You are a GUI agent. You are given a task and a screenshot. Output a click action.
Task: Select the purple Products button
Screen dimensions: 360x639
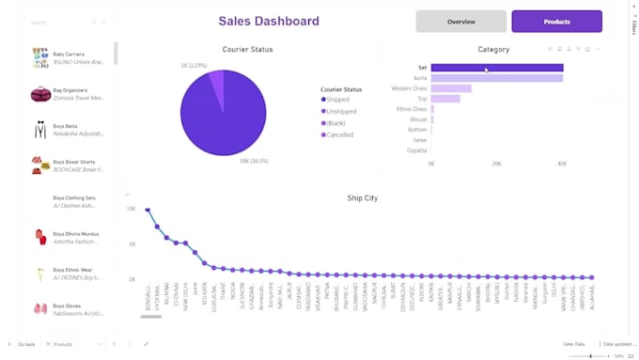pos(556,22)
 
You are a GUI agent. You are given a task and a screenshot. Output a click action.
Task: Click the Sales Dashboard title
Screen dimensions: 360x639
pos(268,21)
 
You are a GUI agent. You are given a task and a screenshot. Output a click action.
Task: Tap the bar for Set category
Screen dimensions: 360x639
pos(496,68)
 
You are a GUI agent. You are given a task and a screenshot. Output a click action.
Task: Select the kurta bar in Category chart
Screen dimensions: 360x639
pos(496,78)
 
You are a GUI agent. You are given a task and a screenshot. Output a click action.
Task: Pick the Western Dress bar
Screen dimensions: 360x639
pos(451,88)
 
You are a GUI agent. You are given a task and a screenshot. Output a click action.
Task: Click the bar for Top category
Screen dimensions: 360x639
pos(445,99)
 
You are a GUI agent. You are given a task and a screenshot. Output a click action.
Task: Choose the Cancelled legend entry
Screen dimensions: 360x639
pos(339,134)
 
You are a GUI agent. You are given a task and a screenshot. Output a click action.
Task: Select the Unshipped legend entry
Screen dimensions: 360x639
pos(341,111)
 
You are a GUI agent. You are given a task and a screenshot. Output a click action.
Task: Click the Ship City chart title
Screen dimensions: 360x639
pos(362,198)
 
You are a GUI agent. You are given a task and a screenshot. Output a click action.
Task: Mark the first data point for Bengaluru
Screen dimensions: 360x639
pos(148,210)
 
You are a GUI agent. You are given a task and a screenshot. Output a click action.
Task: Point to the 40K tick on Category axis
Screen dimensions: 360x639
pos(561,164)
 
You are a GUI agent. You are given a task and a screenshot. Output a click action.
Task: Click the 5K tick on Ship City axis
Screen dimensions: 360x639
pos(132,243)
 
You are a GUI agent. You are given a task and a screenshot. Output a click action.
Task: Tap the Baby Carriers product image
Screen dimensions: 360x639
pos(39,57)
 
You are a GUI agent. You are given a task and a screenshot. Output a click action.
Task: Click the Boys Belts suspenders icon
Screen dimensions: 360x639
pos(40,129)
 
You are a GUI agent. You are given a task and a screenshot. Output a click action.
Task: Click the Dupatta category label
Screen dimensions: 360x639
pos(416,150)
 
